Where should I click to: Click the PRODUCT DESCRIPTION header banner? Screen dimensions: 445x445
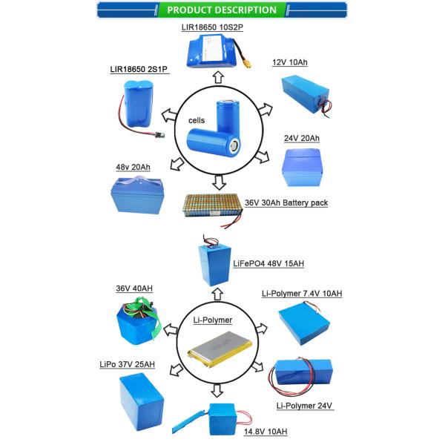coord(222,10)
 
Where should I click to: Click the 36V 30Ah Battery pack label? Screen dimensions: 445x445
coord(286,202)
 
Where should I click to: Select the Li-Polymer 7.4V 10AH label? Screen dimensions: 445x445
coord(303,294)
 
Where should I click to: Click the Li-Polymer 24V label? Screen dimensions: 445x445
coord(303,406)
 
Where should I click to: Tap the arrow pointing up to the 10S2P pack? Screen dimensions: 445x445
coord(218,76)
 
